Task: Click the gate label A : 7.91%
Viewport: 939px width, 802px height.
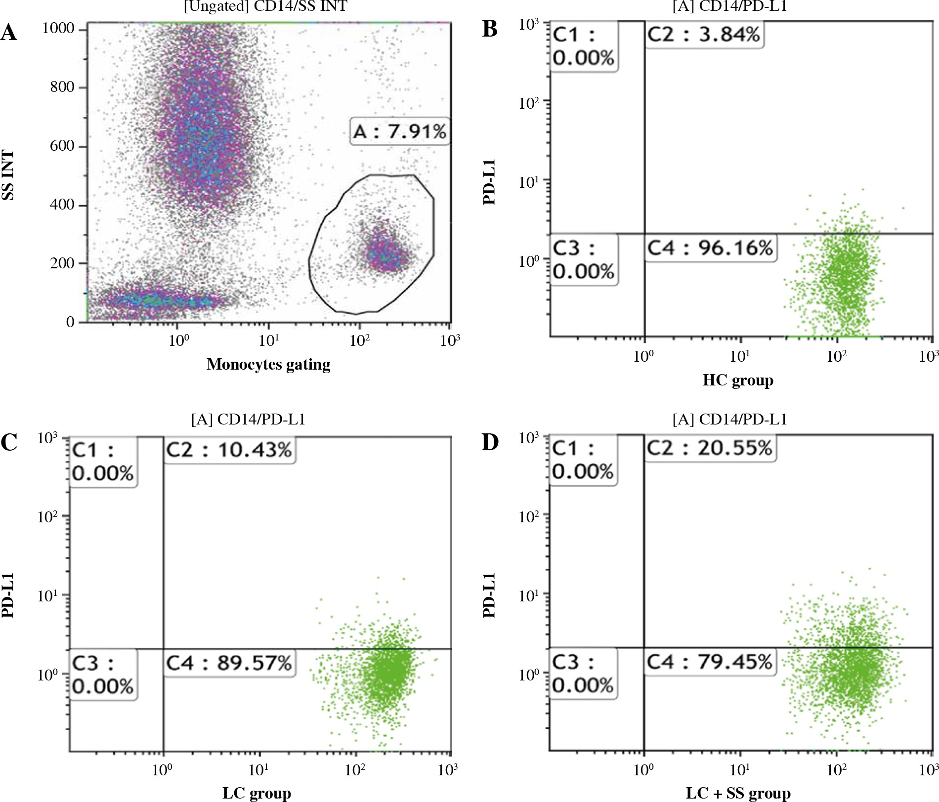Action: pos(400,131)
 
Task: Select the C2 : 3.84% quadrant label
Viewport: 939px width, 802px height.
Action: pos(704,35)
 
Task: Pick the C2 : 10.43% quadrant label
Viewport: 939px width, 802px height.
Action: pos(229,450)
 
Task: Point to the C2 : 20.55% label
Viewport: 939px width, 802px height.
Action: pos(710,448)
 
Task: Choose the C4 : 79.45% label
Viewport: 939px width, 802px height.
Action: pos(710,661)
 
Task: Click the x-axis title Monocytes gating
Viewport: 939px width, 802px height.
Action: pos(268,364)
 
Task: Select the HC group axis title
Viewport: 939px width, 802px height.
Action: pos(738,380)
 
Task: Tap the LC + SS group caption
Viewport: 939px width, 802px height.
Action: pos(738,794)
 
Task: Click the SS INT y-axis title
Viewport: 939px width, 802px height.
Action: pos(8,175)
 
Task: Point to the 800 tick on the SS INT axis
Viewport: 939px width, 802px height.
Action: pos(62,87)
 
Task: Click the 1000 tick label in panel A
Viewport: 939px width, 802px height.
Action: pos(58,29)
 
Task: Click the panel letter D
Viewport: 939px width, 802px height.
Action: pos(490,443)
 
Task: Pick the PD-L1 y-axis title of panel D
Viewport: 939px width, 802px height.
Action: pos(489,595)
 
